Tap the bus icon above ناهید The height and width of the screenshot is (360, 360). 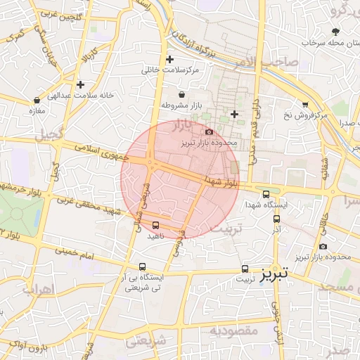(x=155, y=225)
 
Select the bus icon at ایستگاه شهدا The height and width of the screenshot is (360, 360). (x=266, y=195)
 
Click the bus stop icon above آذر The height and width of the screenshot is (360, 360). (x=276, y=219)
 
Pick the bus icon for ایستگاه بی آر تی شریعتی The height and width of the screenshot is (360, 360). (x=143, y=267)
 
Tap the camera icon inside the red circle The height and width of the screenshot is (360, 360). (x=209, y=131)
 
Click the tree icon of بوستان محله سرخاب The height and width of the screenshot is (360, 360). (x=335, y=31)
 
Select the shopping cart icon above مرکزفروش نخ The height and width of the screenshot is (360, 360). (x=304, y=103)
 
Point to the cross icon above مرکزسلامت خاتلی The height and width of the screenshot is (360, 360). (x=169, y=59)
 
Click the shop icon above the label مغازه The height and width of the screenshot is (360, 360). (x=37, y=101)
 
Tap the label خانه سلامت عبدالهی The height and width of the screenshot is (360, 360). (x=77, y=94)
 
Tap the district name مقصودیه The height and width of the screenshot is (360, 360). (x=234, y=330)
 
